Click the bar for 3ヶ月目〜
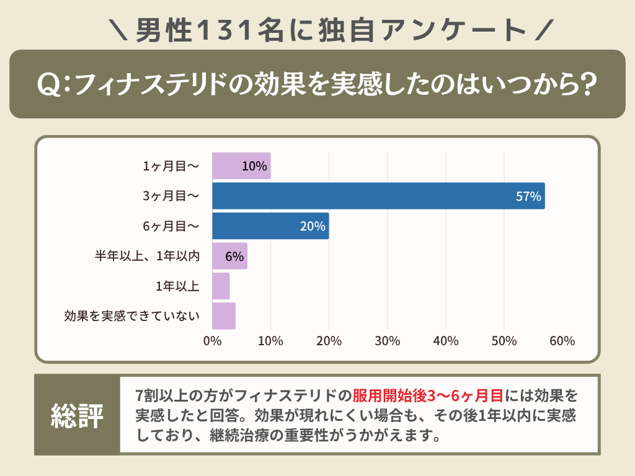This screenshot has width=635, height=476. click(378, 196)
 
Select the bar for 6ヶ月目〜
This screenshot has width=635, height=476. click(270, 226)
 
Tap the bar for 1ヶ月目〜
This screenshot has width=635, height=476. click(241, 166)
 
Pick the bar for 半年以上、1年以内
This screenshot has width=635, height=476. click(229, 256)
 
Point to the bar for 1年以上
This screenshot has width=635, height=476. click(221, 286)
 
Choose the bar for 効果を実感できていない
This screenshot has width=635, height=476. click(224, 315)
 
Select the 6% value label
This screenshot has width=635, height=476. click(234, 257)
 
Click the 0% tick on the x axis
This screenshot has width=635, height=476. click(212, 341)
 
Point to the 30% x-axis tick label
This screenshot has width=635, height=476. click(388, 341)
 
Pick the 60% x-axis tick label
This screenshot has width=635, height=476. click(562, 341)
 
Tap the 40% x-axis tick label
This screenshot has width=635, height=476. click(446, 341)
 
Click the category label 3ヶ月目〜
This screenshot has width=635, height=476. click(171, 196)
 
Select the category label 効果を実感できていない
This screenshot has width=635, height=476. click(132, 316)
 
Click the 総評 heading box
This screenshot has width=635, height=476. click(77, 415)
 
